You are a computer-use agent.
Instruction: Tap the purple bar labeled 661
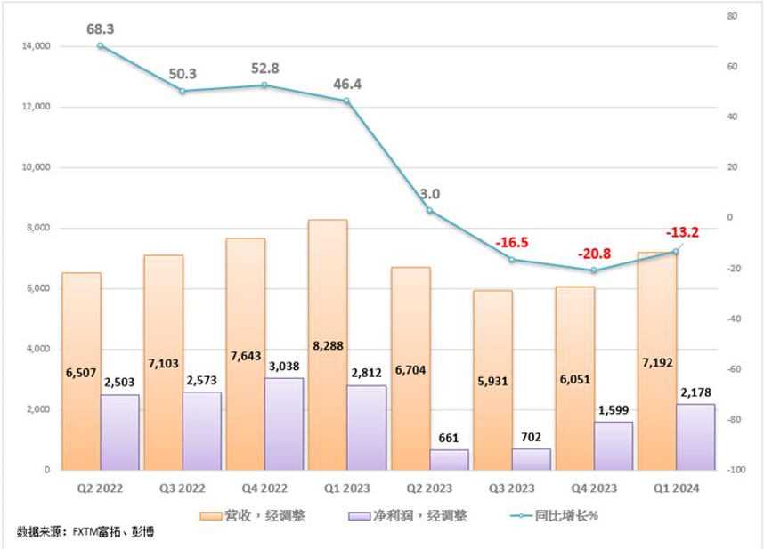click(449, 459)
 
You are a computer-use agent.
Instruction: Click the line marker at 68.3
click(101, 45)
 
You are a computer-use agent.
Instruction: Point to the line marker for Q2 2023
click(429, 211)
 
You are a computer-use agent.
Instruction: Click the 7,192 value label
click(657, 365)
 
